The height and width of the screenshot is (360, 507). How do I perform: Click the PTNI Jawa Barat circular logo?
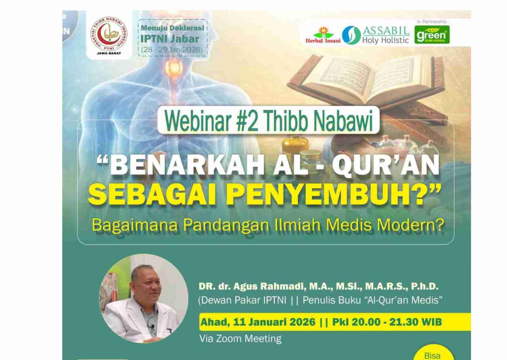[109, 35]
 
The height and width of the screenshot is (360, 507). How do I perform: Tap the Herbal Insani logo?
[323, 35]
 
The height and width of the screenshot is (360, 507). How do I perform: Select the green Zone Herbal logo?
[432, 35]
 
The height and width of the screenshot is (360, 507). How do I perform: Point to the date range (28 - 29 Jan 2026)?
[172, 49]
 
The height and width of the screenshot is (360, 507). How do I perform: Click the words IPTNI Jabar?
[170, 39]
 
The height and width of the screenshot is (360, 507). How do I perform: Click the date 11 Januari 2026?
[274, 322]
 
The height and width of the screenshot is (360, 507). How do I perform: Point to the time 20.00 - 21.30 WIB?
[387, 322]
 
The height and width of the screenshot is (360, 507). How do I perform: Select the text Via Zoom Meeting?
[240, 339]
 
